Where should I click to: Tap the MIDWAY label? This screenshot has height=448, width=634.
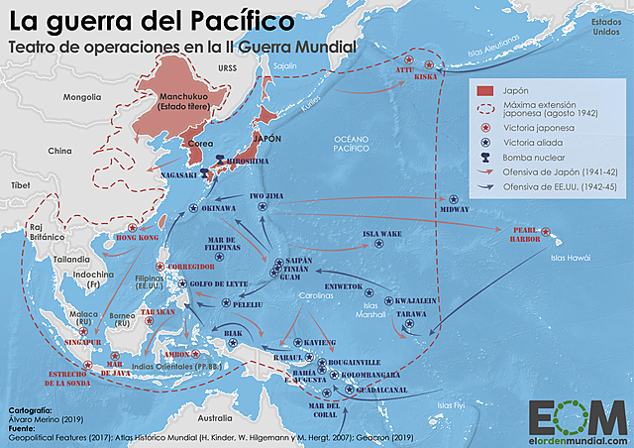454,209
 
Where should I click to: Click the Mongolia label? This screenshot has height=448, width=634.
82,97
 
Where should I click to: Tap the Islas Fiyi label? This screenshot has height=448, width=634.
451,404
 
